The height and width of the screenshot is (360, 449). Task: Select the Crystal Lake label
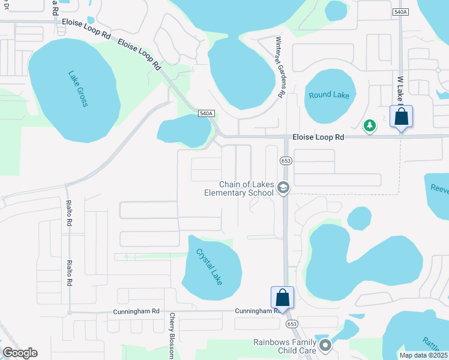[x=209, y=266]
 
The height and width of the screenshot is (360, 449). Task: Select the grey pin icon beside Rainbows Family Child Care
[x=325, y=345]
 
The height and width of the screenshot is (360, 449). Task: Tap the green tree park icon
[x=370, y=125]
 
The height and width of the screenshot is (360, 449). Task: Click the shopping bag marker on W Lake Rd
[x=401, y=116]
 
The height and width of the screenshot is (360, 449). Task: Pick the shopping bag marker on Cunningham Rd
[x=283, y=298]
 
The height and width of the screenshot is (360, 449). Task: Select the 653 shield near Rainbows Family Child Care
[x=292, y=323]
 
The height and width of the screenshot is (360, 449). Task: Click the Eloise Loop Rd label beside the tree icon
[x=318, y=137]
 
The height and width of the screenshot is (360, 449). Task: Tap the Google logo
[x=20, y=353]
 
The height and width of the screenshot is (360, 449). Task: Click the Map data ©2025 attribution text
[x=423, y=355]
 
